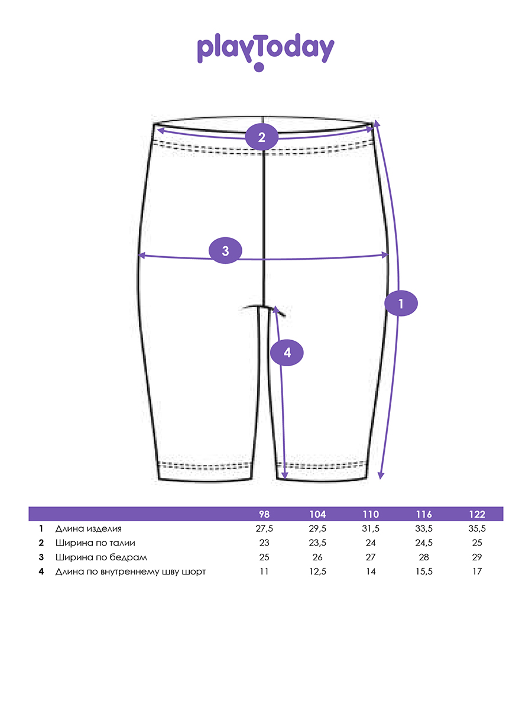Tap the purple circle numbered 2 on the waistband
262,137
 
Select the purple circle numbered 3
226,250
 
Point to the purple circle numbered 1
401,304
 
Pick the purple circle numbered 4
287,353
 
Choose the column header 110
371,514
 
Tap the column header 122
477,514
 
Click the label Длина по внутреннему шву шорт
131,571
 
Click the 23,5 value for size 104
317,543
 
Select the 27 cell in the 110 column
371,557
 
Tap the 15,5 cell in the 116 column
424,571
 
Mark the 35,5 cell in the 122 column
477,528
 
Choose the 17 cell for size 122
477,571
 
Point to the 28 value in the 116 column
424,557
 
